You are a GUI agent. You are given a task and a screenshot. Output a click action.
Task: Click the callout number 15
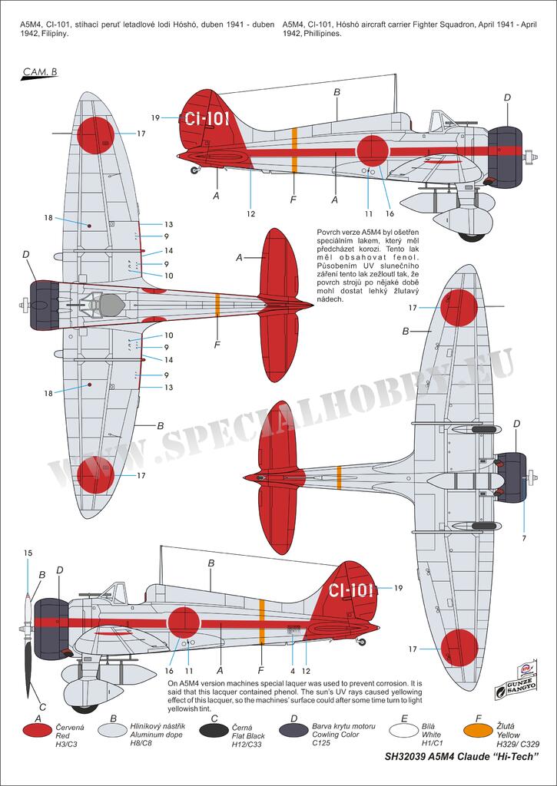tap(28, 553)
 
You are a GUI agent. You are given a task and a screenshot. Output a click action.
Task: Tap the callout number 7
tap(525, 537)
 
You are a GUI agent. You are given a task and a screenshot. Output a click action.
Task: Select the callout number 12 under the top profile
tap(250, 213)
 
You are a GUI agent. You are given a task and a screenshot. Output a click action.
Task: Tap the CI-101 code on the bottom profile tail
tap(351, 590)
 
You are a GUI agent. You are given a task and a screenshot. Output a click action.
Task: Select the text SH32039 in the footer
tap(409, 757)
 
